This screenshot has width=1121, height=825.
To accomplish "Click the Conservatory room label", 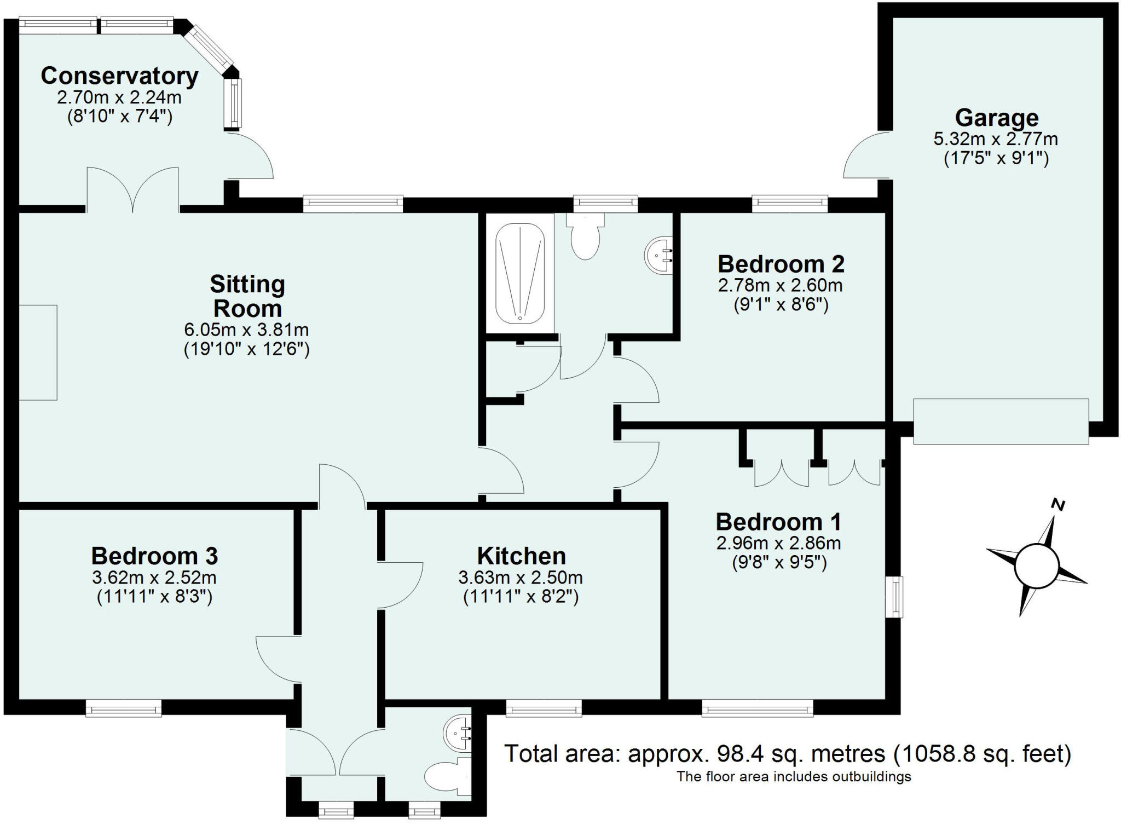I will tap(119, 76).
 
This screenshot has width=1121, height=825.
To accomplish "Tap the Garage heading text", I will tap(996, 118).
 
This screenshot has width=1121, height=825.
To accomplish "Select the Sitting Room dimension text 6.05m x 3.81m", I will tap(246, 330).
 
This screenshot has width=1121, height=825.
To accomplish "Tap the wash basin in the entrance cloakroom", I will tap(459, 734).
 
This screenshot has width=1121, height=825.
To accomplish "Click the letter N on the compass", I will tap(1059, 505).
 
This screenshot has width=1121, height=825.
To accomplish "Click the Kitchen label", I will tap(521, 556).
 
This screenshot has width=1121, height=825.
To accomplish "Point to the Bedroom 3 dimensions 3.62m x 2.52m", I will tap(154, 578).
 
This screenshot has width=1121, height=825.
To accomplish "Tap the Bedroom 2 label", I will tap(781, 264).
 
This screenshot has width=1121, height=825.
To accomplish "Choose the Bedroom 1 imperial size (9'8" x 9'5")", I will tap(779, 563).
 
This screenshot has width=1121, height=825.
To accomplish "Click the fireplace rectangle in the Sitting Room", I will tap(38, 353).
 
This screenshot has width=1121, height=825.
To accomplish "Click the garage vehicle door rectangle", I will tap(1001, 422).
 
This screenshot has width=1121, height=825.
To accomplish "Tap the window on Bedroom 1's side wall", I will tap(894, 597).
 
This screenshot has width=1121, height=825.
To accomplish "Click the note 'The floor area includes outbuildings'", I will tap(794, 776).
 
